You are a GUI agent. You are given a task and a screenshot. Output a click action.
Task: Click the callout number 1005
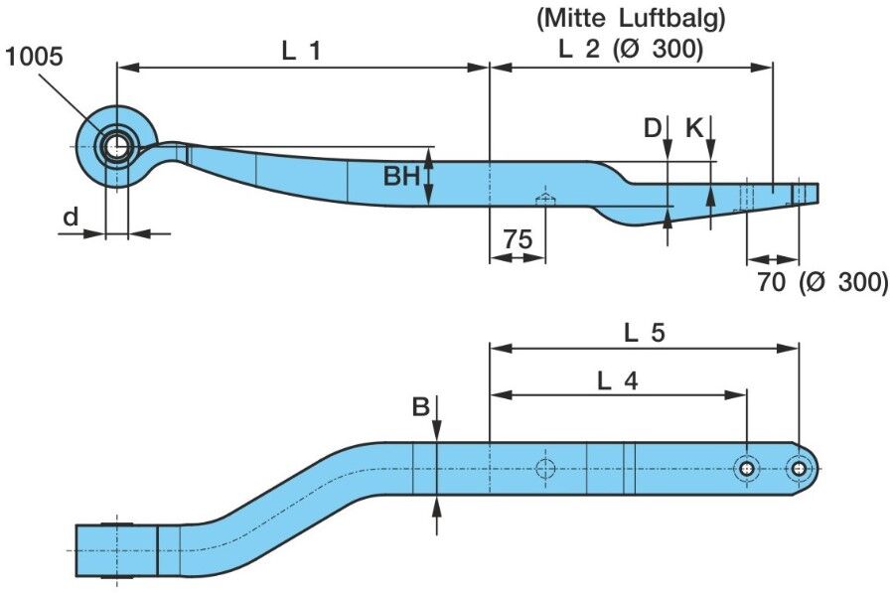pos(34,57)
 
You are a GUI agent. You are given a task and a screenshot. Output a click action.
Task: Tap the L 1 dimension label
pos(301,52)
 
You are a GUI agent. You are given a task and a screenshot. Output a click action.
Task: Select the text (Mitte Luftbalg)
pos(631,19)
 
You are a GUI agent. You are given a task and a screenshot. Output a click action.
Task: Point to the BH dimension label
pos(401,176)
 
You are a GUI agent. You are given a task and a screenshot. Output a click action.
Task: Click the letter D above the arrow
pos(653,129)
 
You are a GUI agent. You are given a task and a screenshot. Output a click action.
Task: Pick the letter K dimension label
pos(694,129)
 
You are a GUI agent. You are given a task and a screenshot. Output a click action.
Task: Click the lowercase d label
pos(71,217)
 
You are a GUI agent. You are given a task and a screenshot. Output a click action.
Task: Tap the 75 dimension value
pos(518,238)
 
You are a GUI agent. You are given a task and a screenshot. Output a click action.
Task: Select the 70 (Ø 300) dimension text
pos(822,281)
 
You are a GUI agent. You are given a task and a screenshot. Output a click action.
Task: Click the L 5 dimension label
pos(644,333)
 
